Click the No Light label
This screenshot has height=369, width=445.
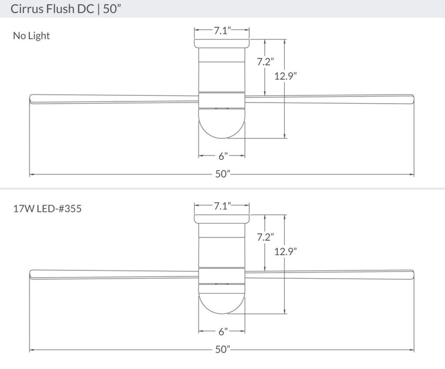31,36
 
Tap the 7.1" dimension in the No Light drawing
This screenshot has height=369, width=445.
222,31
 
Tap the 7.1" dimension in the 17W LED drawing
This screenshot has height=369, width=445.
222,206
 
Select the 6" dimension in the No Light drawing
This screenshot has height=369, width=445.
222,156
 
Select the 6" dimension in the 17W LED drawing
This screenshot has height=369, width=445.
222,332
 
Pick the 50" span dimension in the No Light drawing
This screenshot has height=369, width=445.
222,174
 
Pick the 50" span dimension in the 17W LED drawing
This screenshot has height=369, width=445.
222,350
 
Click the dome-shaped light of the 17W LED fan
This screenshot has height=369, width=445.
222,298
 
